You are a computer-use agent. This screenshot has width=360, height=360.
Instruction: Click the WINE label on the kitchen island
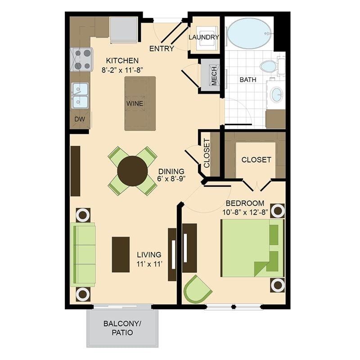pos(135,103)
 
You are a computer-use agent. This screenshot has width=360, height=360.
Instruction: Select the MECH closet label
pos(214,76)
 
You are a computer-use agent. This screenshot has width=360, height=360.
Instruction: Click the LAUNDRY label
pos(204,37)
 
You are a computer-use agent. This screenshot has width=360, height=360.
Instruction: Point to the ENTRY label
pos(162,49)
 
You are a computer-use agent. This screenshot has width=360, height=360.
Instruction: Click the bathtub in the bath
pos(249,33)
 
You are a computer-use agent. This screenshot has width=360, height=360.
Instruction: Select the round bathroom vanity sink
pos(276,94)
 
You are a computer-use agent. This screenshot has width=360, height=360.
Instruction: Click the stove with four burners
pos(81,59)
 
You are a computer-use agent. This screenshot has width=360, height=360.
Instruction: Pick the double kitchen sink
pos(80,95)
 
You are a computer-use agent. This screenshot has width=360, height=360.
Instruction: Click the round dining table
pos(132,171)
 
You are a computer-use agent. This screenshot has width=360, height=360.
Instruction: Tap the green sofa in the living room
pos(84,255)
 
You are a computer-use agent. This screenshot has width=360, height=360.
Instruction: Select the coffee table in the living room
pos(121,254)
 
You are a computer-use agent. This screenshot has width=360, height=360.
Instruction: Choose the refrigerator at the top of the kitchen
pos(124,29)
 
